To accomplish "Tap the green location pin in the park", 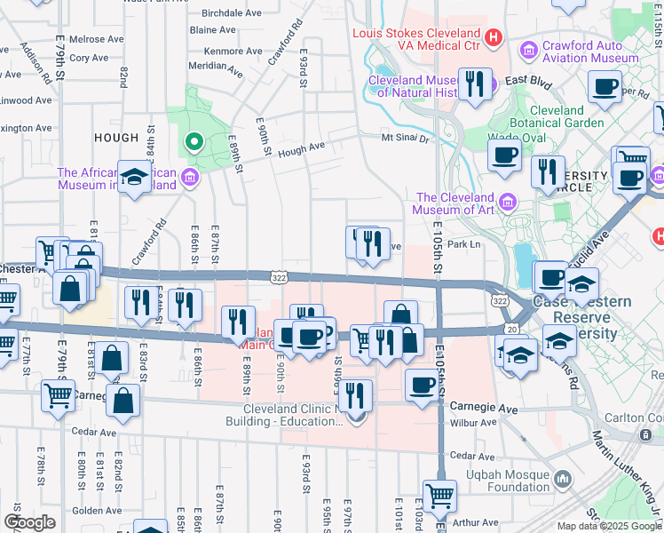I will [193, 141].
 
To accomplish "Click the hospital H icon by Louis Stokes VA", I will [494, 39].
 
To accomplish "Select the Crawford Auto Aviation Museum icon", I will [529, 47].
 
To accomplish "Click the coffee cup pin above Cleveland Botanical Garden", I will [606, 87].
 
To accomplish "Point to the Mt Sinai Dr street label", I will [405, 139].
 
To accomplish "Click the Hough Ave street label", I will [301, 149].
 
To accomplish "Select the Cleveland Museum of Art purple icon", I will [507, 203].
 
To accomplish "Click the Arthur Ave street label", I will [479, 521].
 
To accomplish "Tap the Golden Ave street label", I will [91, 510].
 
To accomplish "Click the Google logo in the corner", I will [29, 522].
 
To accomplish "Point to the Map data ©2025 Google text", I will [609, 526].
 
